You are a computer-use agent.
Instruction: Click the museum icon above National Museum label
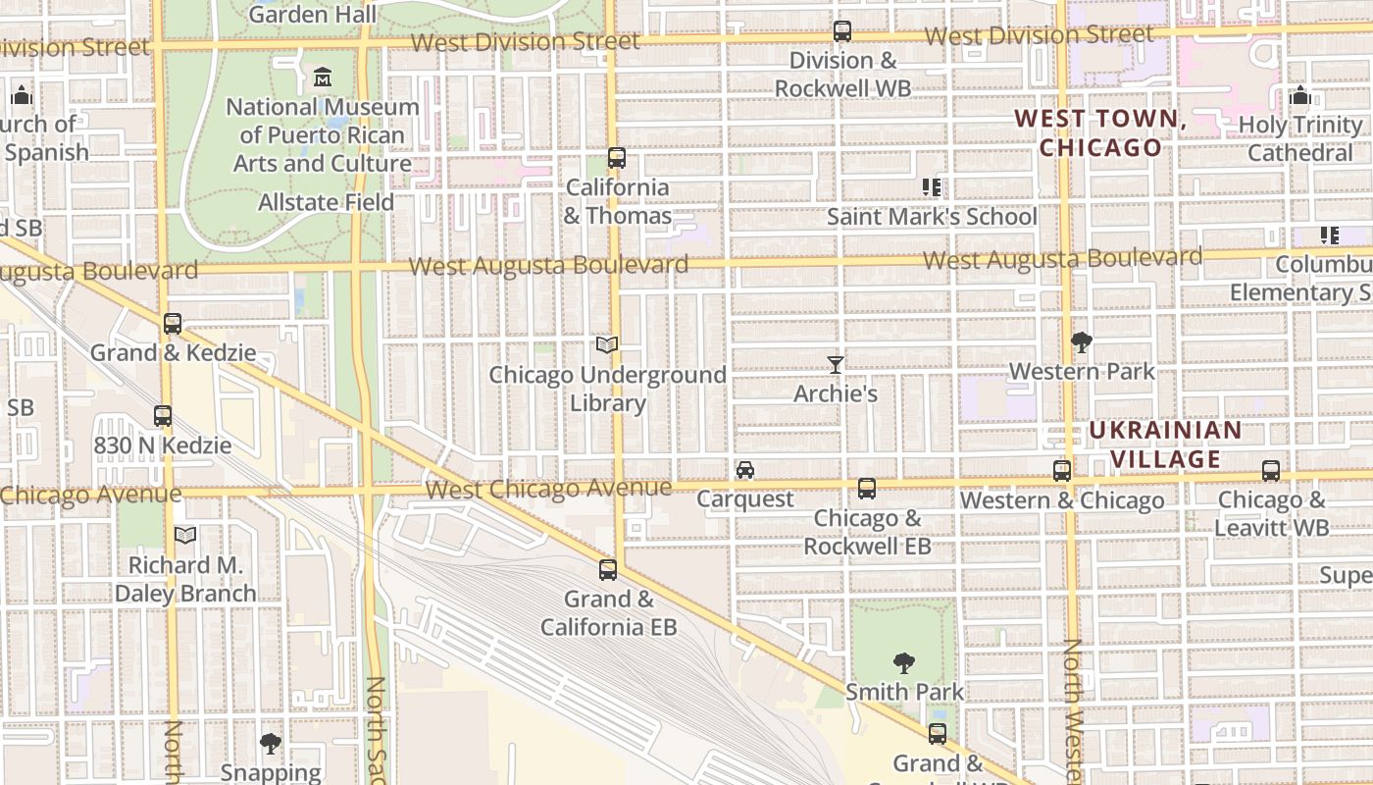coord(323,77)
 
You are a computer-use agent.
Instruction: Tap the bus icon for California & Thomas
coord(617,158)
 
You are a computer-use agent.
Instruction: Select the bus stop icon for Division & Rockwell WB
coord(841,31)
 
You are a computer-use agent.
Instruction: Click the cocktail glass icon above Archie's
coord(836,365)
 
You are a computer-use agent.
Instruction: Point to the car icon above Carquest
coord(745,470)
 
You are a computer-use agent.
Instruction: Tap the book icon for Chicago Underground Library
coord(608,345)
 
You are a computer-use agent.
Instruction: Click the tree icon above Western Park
coord(1082,342)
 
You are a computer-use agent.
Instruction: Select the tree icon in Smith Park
coord(904,663)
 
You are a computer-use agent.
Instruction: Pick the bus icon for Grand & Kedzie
coord(173,324)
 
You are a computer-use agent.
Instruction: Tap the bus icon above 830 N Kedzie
coord(163,417)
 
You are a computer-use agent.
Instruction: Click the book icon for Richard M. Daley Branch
coord(185,536)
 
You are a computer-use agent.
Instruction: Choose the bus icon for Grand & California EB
coord(608,570)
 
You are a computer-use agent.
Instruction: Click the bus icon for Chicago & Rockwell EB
coord(867,489)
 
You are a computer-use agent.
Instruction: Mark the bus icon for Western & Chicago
coord(1062,471)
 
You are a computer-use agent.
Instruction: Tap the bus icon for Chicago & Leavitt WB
coord(1271,471)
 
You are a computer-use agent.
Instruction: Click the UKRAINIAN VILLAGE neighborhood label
coord(1165,445)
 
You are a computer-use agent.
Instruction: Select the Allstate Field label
coord(326,202)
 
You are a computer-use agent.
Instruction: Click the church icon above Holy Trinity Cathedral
coord(1300,96)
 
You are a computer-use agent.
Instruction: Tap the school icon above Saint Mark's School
coord(931,186)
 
